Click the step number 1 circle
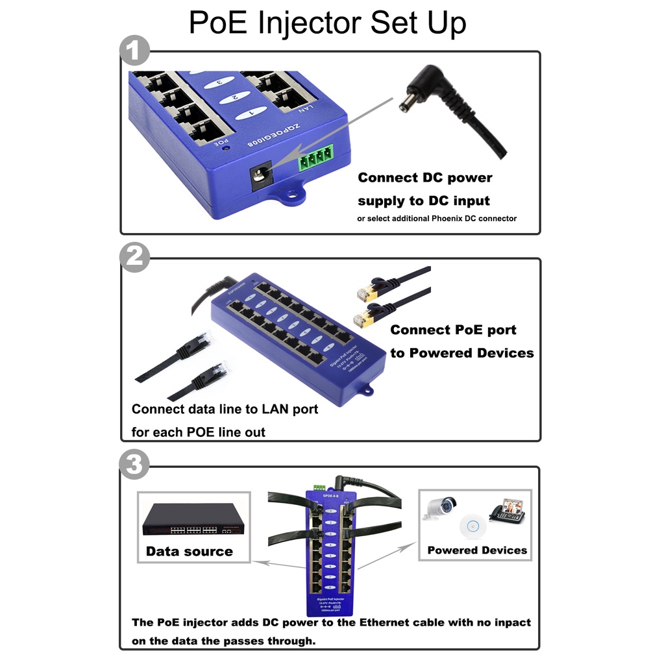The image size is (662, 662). tap(134, 51)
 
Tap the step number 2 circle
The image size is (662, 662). tap(134, 258)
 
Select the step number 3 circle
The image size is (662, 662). tap(134, 464)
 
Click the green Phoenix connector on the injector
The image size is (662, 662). tap(315, 157)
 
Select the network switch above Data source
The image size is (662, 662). tap(193, 519)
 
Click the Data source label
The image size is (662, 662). tap(189, 552)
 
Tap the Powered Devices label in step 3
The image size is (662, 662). tap(477, 550)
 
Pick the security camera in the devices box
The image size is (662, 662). tap(441, 507)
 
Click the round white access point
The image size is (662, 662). tap(472, 525)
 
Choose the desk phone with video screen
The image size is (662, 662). tap(506, 510)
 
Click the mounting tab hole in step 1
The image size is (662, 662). tap(291, 193)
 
